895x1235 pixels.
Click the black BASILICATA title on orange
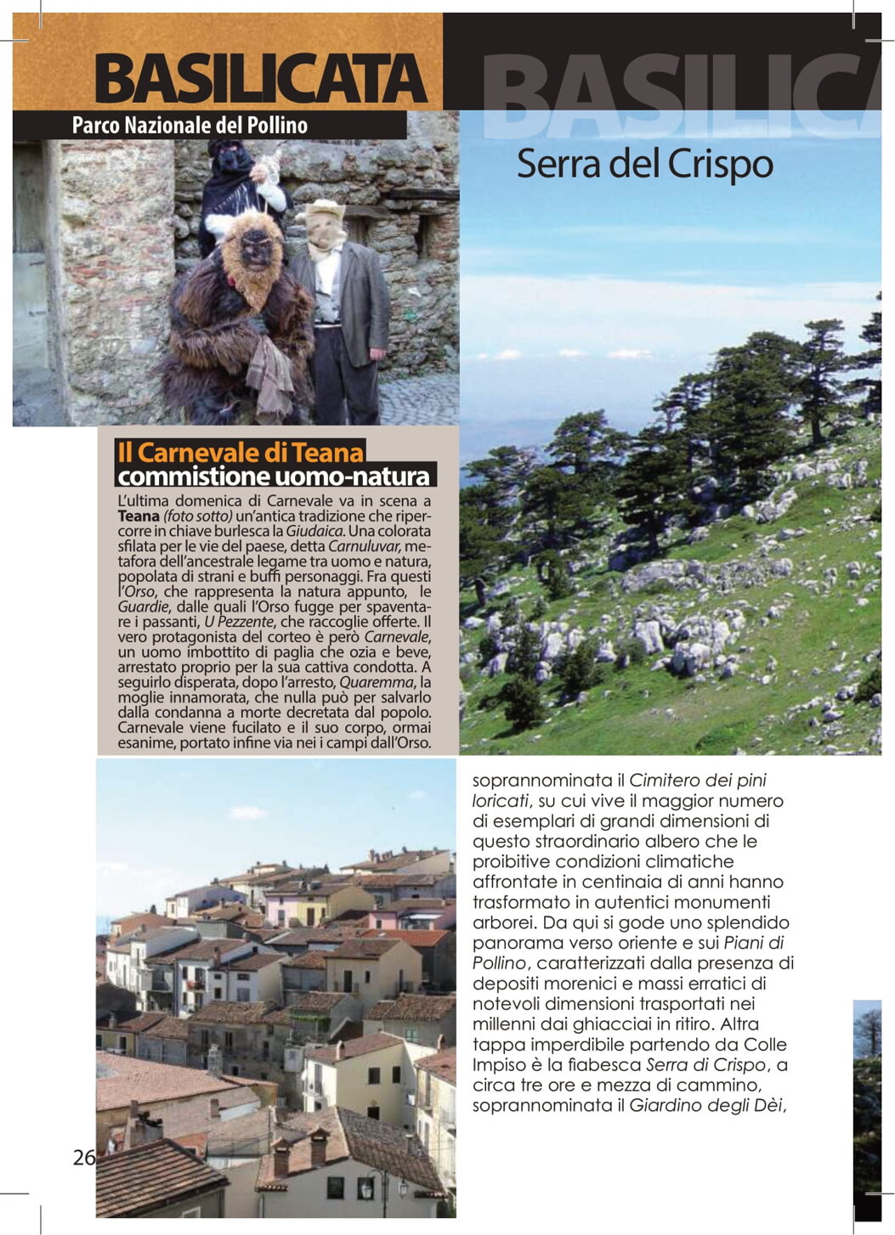tap(260, 79)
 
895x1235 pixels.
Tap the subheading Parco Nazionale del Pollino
tap(190, 126)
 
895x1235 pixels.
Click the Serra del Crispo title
tap(644, 164)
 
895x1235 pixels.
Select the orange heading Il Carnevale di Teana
tap(241, 452)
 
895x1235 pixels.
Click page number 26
tap(84, 1157)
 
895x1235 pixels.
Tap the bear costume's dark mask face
tap(257, 250)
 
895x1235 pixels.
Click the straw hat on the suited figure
tap(322, 209)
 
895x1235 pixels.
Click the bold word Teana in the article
tap(139, 516)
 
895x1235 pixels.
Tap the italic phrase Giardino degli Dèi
tap(702, 1106)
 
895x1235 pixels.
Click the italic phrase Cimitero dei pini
tap(698, 780)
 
